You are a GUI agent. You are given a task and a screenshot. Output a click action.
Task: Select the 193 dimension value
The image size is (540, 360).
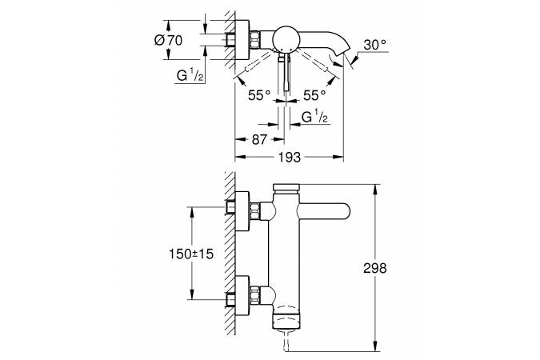tap(290, 158)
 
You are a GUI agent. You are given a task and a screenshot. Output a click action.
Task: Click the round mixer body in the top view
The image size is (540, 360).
tap(285, 39)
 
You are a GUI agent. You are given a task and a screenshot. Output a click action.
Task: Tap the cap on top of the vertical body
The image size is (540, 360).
tap(285, 188)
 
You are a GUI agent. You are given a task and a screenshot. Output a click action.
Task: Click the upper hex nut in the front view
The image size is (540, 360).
tap(256, 210)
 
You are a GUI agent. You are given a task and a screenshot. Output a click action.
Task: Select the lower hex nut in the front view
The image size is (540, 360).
tap(256, 294)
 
